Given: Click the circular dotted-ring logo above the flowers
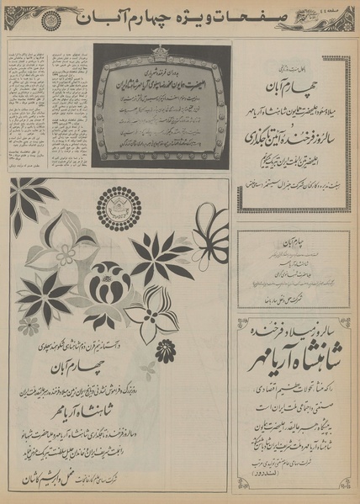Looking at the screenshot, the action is [x=120, y=207].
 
